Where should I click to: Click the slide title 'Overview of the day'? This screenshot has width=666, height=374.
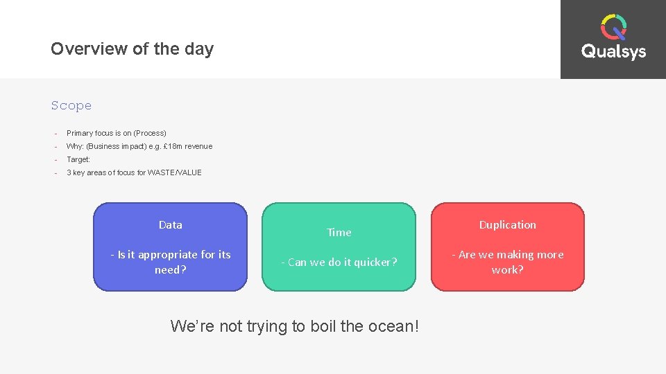(x=132, y=49)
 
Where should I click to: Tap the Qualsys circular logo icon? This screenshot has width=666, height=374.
(x=613, y=28)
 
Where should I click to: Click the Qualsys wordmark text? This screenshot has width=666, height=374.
(x=613, y=52)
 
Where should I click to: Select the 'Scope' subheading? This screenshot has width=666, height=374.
(x=71, y=106)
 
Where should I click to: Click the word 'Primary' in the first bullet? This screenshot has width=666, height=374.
(x=79, y=133)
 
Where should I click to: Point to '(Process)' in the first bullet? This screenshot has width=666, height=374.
(x=150, y=133)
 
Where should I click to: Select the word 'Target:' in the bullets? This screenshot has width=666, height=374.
(x=78, y=159)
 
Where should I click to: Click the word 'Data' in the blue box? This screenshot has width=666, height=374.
(x=170, y=225)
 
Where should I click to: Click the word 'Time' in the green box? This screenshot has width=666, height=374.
(x=339, y=233)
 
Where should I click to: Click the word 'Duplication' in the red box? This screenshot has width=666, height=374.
(x=507, y=225)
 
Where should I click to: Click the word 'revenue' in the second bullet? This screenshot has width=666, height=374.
(x=198, y=146)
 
